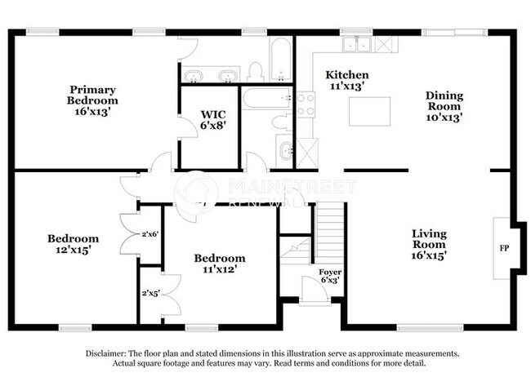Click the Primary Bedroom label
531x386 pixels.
[x=91, y=100]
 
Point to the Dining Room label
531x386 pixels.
[x=444, y=106]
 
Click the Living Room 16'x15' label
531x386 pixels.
[x=428, y=243]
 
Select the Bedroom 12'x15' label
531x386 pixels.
[x=73, y=244]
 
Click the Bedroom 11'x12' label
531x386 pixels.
[x=219, y=264]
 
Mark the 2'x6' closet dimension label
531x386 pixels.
[x=149, y=234]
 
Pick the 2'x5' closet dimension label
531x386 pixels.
[x=149, y=293]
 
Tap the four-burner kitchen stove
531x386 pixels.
[x=306, y=103]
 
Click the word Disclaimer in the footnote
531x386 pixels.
[x=110, y=353]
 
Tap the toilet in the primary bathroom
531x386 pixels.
[x=253, y=71]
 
